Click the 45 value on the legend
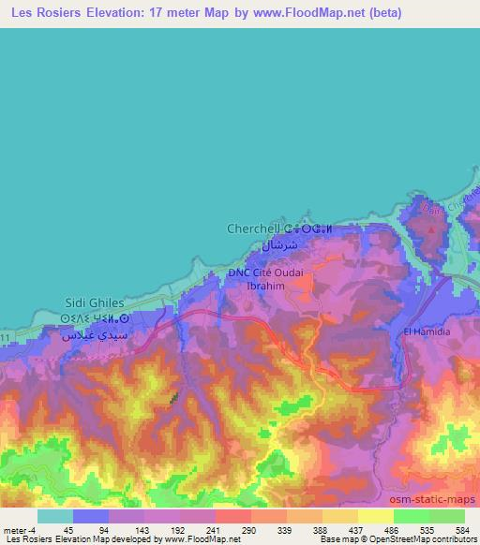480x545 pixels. pos(67,529)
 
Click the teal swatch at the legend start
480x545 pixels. pos(55,516)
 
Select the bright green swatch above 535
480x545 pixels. pos(411,516)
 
